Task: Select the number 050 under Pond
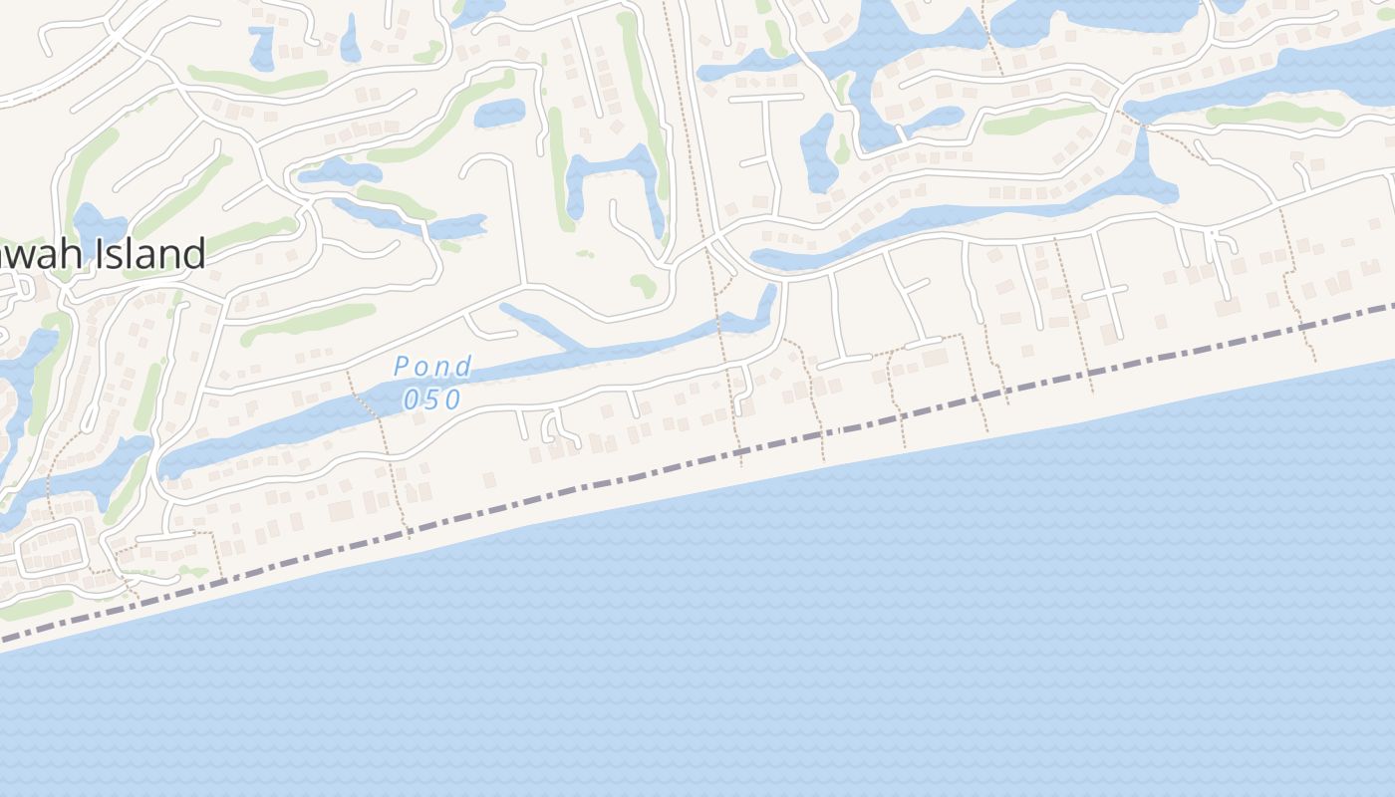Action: [432, 399]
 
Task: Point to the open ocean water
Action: [797, 648]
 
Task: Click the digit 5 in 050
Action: [432, 399]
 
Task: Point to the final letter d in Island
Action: [195, 254]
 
